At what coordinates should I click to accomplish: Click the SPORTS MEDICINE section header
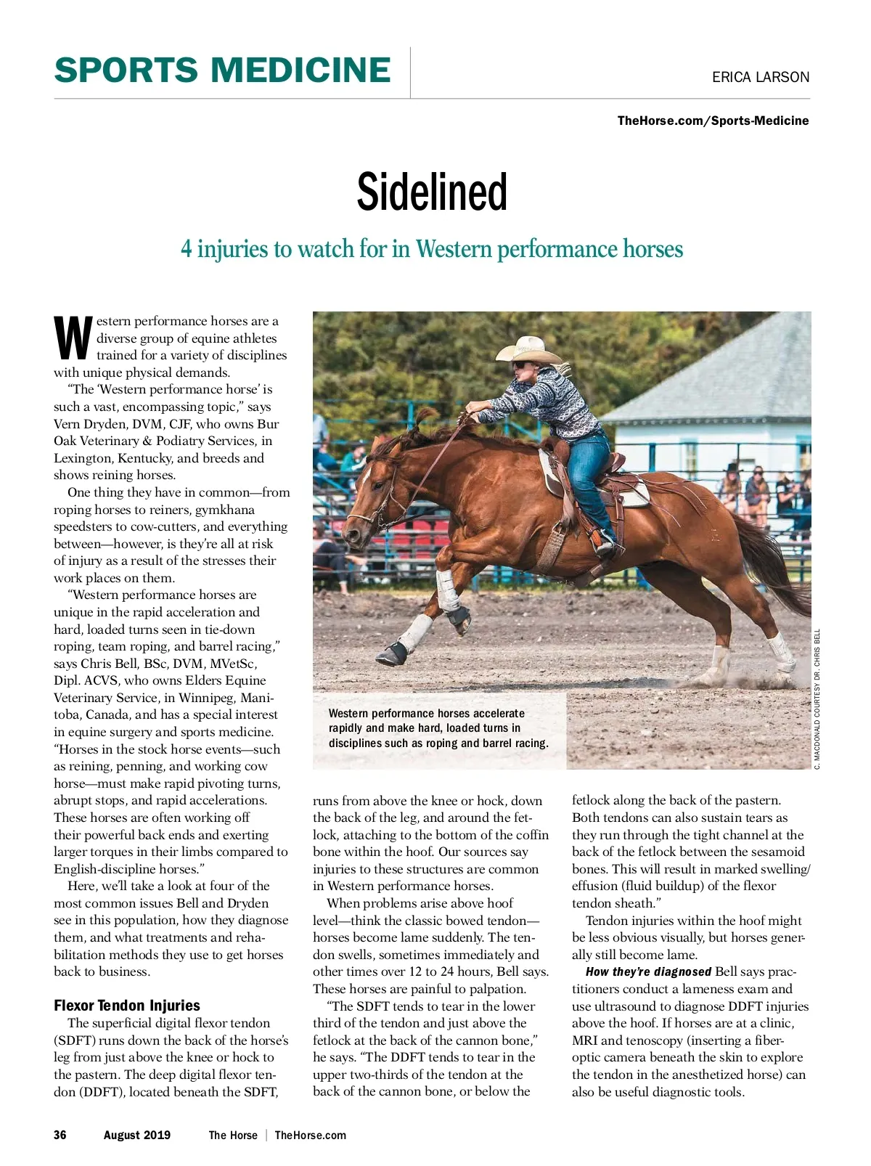pos(222,70)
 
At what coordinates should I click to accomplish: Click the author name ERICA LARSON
pos(760,77)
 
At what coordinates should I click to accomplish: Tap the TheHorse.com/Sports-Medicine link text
pos(712,121)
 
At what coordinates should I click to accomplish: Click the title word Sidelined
pos(432,192)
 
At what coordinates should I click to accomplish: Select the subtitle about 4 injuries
pos(432,249)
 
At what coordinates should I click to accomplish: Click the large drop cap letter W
pos(73,338)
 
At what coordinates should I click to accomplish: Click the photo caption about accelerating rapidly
pos(438,728)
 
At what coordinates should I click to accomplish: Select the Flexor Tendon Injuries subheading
pos(127,1006)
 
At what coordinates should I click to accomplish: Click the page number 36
pos(60,1135)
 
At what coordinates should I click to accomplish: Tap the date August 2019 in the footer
pos(137,1135)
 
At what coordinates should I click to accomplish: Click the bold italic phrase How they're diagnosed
pos(648,971)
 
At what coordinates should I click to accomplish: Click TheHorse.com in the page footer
pos(311,1136)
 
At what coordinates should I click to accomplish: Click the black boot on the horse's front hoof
pos(393,653)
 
